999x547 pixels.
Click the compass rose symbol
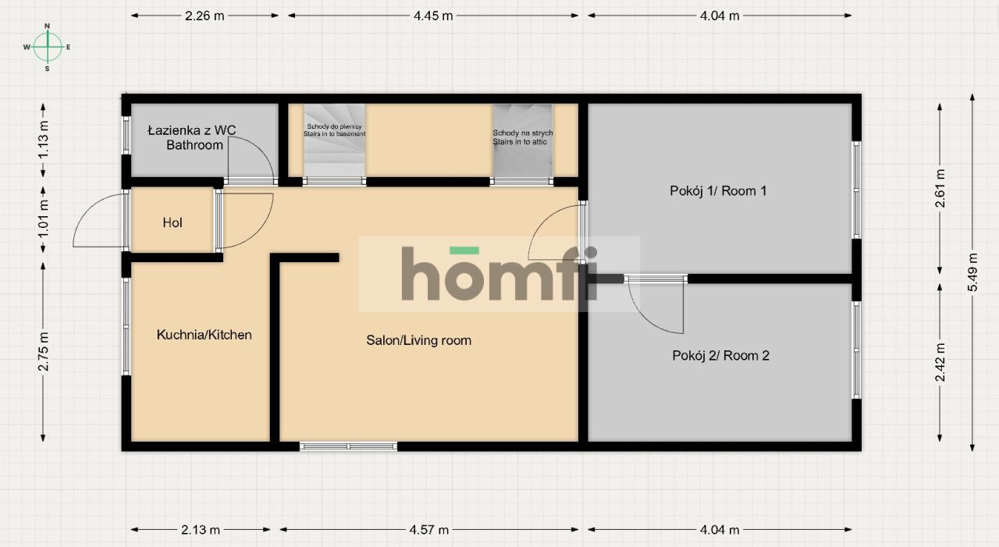[48, 47]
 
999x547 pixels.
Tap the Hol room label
[172, 222]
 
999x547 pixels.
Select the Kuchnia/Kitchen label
[204, 335]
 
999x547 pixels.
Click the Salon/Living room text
[419, 340]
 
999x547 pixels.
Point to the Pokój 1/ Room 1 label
[718, 191]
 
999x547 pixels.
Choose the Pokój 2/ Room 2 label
[720, 355]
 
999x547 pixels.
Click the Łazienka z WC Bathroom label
[192, 137]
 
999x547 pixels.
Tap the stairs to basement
[335, 140]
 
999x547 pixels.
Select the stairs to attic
[523, 140]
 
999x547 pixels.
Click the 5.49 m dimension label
[972, 272]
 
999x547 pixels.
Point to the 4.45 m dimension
[433, 16]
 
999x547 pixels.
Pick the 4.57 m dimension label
[429, 530]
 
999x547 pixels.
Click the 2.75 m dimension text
[43, 352]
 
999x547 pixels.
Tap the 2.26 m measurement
[204, 16]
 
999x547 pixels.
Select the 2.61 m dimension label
[940, 189]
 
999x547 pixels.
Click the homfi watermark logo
[499, 273]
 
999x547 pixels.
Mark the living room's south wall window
[348, 446]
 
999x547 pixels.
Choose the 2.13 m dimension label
[201, 530]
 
